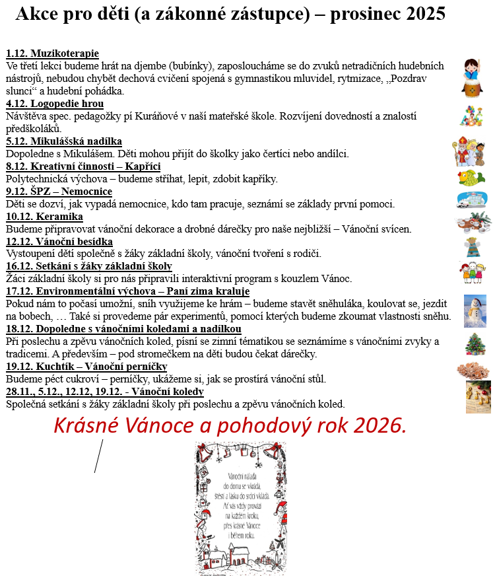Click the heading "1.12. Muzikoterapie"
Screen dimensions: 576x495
(x=52, y=54)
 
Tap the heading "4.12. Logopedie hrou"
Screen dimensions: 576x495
(x=55, y=104)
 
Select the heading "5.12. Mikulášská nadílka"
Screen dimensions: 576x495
(x=64, y=141)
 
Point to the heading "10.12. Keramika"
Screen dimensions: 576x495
(x=44, y=217)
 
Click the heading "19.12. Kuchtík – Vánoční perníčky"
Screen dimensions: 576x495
(x=86, y=367)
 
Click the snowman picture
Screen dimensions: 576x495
(x=475, y=310)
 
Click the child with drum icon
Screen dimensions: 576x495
(x=473, y=78)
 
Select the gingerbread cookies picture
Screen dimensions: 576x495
(x=474, y=368)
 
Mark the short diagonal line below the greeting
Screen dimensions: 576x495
(x=99, y=456)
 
